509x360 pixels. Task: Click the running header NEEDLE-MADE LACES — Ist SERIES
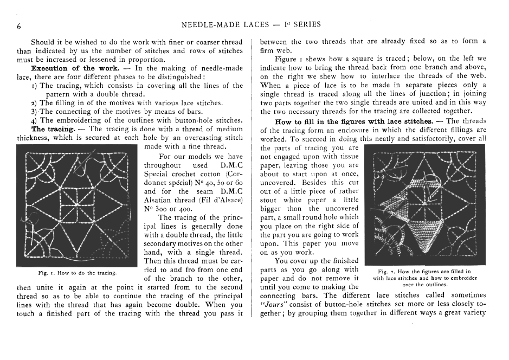tap(251, 24)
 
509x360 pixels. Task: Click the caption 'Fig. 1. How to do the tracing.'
tap(76, 272)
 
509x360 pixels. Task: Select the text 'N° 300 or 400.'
tap(167, 208)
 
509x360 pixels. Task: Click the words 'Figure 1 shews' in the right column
tap(299, 59)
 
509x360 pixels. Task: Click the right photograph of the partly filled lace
tap(425, 205)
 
